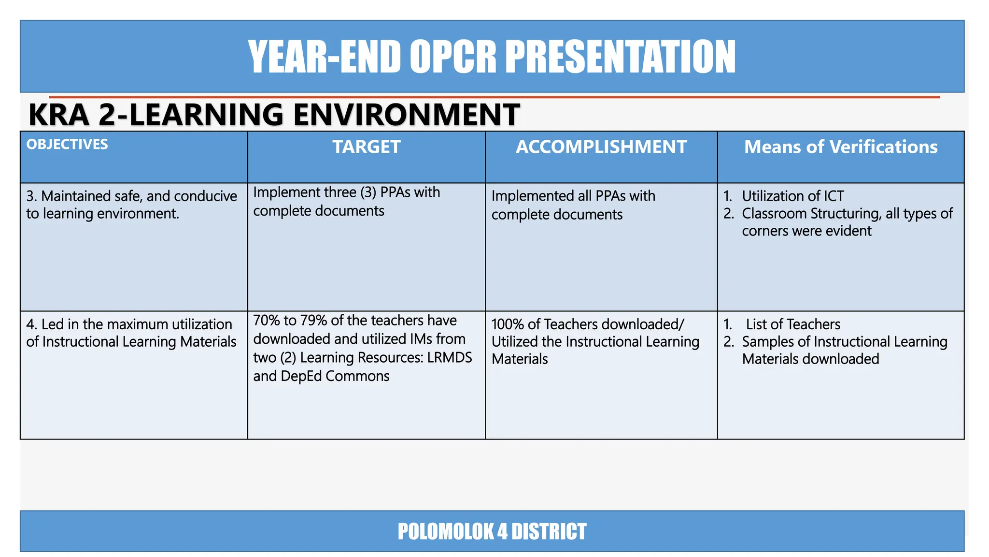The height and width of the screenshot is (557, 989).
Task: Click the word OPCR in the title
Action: coord(452,57)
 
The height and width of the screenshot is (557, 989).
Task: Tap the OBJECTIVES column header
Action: coord(67,144)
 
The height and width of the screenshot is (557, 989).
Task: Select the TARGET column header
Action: coord(367,147)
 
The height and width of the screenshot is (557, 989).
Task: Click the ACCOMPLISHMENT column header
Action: coord(601,147)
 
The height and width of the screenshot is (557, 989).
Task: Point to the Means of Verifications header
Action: coord(840,147)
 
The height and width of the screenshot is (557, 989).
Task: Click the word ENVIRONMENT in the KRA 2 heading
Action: coord(406,115)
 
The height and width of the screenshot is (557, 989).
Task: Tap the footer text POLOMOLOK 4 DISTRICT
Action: coord(492,531)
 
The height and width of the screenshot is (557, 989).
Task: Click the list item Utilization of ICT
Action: coord(792,196)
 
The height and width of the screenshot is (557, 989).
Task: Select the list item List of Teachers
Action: coord(792,324)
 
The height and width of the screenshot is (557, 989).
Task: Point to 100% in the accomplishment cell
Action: coord(507,324)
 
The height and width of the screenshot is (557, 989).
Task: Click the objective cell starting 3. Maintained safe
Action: coord(131,205)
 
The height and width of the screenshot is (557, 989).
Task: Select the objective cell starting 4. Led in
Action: coord(131,333)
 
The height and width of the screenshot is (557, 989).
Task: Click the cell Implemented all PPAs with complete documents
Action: coord(573,205)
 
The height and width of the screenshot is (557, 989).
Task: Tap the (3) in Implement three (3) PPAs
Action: coord(368,192)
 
